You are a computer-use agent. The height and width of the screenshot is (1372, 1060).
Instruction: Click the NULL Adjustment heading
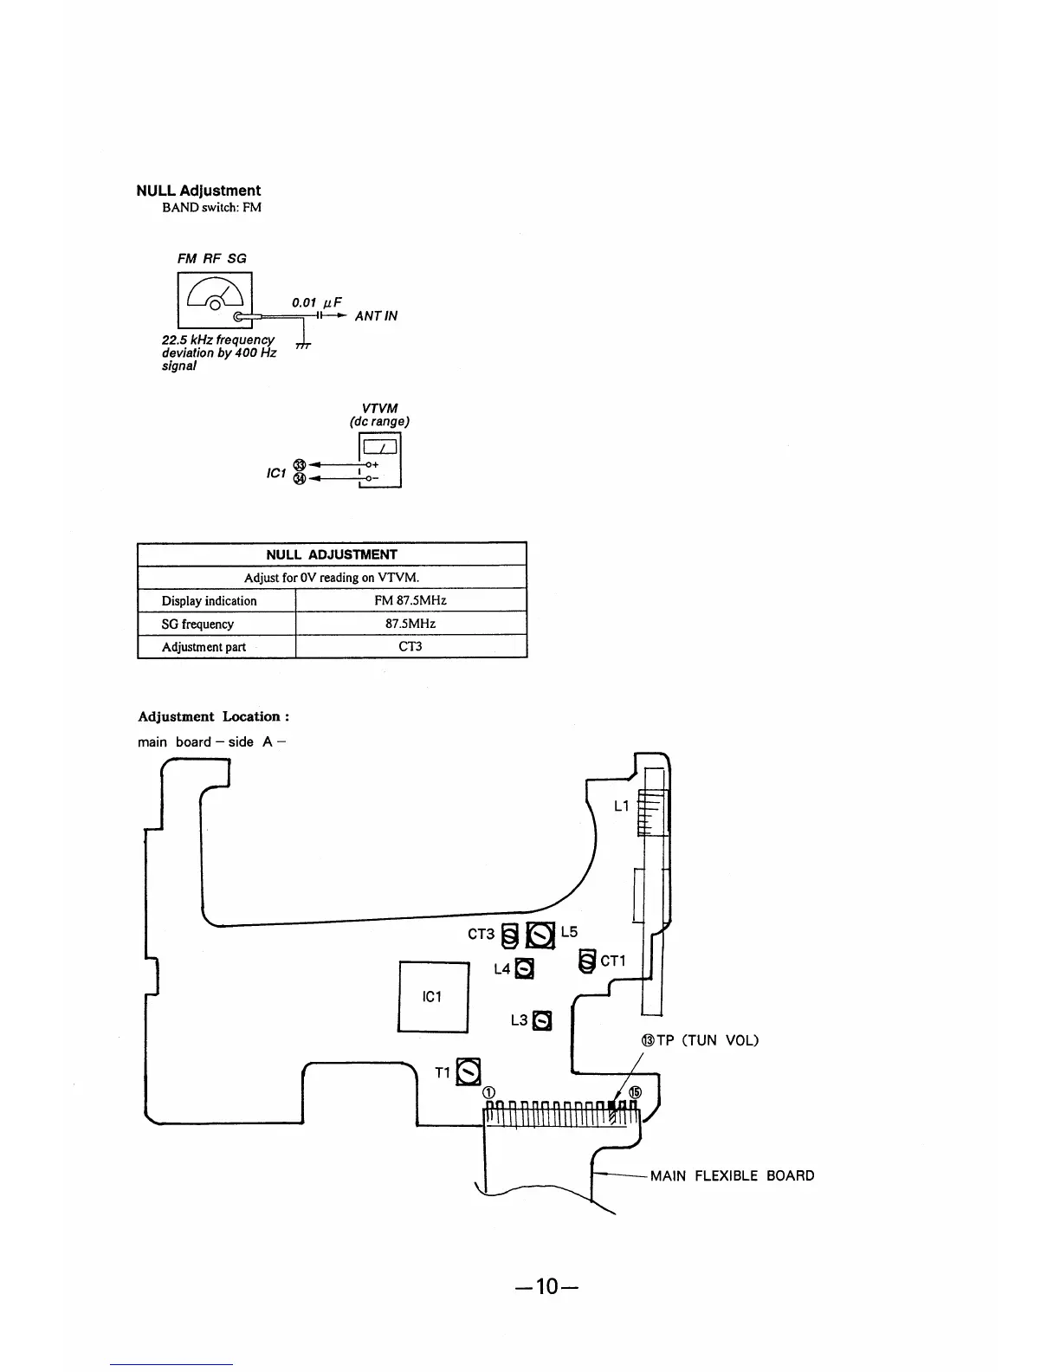pyautogui.click(x=198, y=191)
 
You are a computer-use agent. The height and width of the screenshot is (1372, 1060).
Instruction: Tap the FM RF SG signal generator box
pyautogui.click(x=215, y=300)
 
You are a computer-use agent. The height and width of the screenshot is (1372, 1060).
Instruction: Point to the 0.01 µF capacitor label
pyautogui.click(x=316, y=302)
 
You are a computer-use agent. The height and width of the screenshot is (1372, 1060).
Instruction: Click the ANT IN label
pyautogui.click(x=376, y=315)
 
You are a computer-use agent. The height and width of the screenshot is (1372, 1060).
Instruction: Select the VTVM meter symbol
pyautogui.click(x=380, y=460)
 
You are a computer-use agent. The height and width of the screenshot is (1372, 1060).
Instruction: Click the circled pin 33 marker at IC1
pyautogui.click(x=300, y=465)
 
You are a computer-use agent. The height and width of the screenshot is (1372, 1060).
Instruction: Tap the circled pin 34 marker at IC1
pyautogui.click(x=300, y=479)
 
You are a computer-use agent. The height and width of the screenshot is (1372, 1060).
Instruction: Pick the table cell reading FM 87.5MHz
pyautogui.click(x=410, y=599)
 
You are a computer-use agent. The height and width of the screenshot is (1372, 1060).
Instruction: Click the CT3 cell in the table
pyautogui.click(x=410, y=646)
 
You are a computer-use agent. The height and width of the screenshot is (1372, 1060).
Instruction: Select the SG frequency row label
pyautogui.click(x=197, y=624)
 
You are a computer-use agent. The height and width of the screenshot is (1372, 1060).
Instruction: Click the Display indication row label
pyautogui.click(x=209, y=600)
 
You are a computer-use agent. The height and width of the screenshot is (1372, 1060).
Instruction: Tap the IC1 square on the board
pyautogui.click(x=433, y=996)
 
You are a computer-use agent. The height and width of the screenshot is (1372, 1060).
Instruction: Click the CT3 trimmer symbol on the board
pyautogui.click(x=509, y=935)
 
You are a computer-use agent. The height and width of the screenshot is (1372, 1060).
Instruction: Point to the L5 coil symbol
pyautogui.click(x=540, y=935)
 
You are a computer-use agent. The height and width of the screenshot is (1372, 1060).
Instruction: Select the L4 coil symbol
pyautogui.click(x=524, y=968)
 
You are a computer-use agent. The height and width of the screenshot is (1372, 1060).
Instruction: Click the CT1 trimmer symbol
pyautogui.click(x=587, y=961)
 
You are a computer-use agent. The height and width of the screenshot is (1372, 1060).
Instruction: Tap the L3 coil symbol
pyautogui.click(x=541, y=1020)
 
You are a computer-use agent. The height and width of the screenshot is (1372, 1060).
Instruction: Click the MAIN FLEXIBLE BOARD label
pyautogui.click(x=733, y=1175)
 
